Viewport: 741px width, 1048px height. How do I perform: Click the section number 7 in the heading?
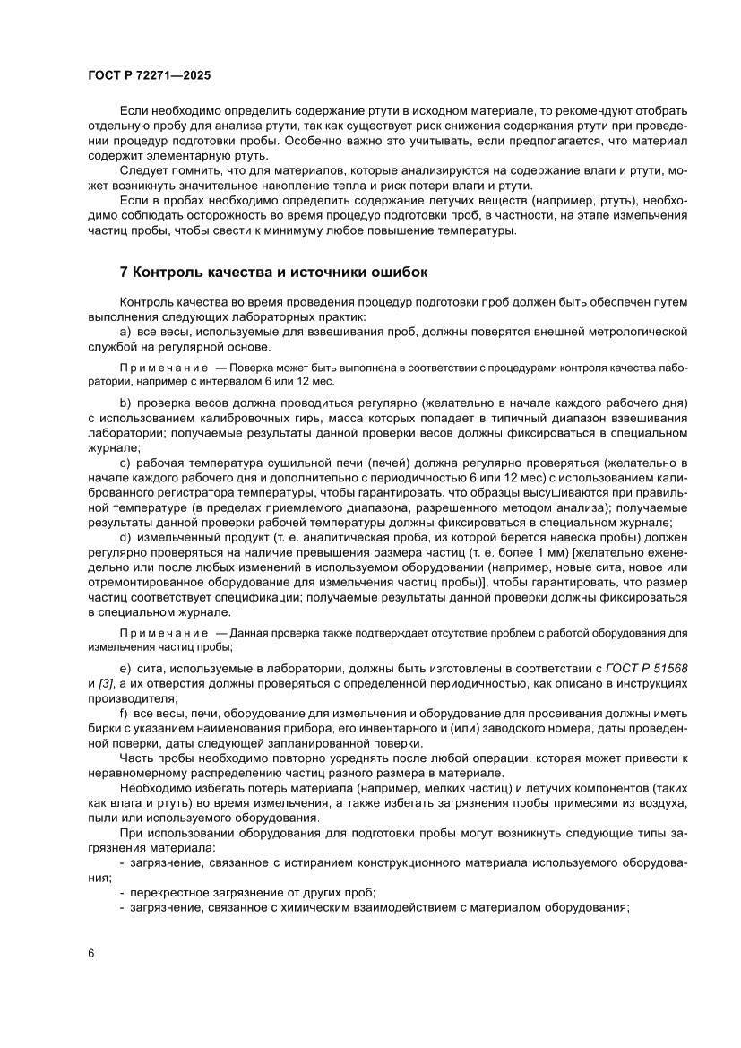tap(124, 270)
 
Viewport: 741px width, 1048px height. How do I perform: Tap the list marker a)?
tap(125, 333)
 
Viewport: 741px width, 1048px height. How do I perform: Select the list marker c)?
tap(125, 463)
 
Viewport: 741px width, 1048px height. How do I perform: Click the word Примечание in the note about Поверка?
tap(154, 368)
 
